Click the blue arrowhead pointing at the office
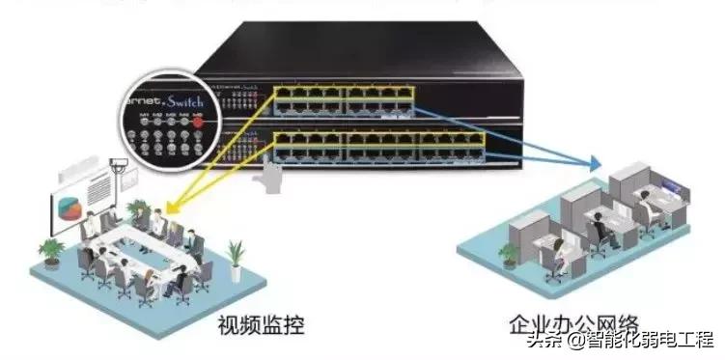(x=597, y=163)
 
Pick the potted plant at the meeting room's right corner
(x=235, y=253)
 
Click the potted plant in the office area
(x=508, y=254)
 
